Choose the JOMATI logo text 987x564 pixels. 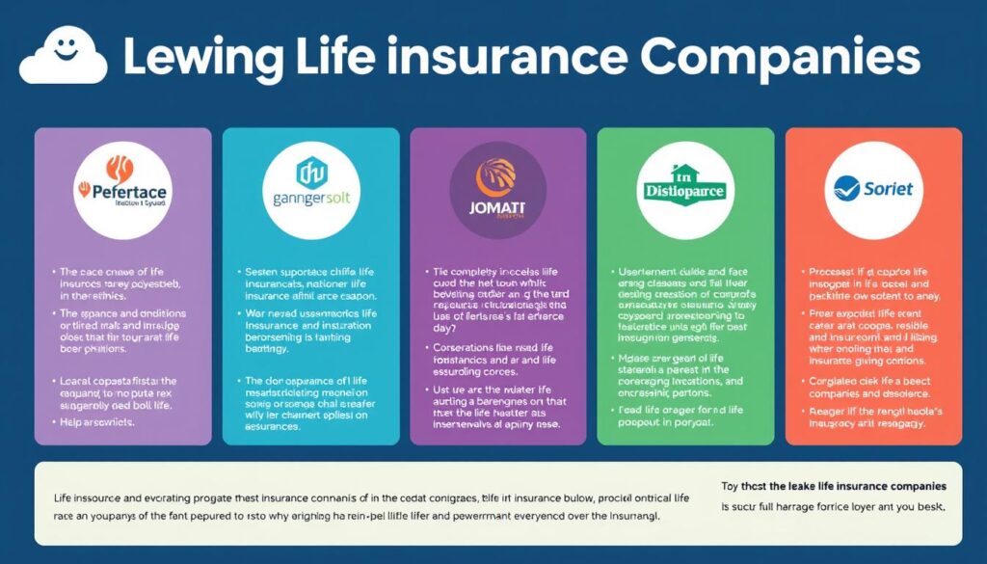tap(497, 205)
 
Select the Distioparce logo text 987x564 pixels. tap(685, 191)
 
